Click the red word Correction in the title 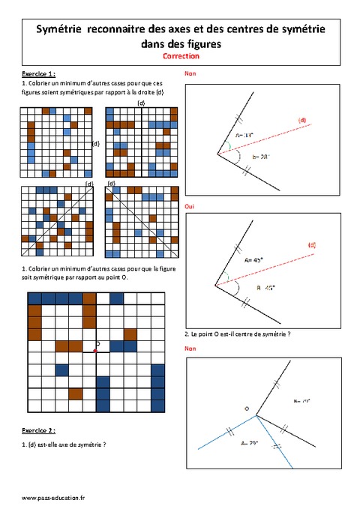[x=179, y=56]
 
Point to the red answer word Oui [x=189, y=205]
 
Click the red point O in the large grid [x=95, y=349]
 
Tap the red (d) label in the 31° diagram [x=302, y=120]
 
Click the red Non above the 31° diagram [x=190, y=74]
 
